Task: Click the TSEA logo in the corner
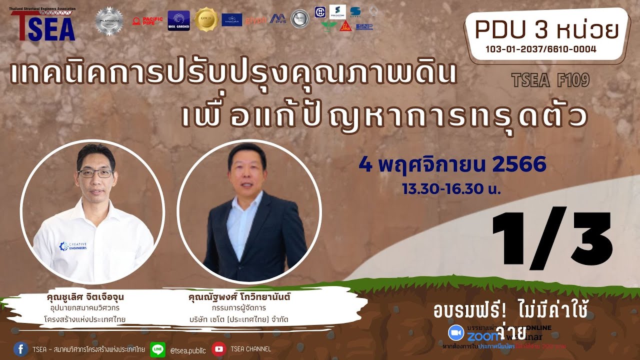pyautogui.click(x=42, y=25)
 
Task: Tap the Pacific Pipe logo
pyautogui.click(x=147, y=21)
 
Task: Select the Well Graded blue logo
pyautogui.click(x=178, y=20)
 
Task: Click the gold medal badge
pyautogui.click(x=205, y=19)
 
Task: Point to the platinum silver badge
pyautogui.click(x=109, y=21)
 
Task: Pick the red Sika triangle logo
pyautogui.click(x=345, y=26)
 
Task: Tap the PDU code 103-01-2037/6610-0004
pyautogui.click(x=540, y=48)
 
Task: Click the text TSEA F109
pyautogui.click(x=550, y=80)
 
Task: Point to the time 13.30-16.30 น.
pyautogui.click(x=452, y=189)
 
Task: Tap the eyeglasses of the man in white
pyautogui.click(x=95, y=173)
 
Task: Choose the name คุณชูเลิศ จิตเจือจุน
pyautogui.click(x=84, y=297)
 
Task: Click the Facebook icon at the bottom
pyautogui.click(x=20, y=348)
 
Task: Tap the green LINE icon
pyautogui.click(x=157, y=348)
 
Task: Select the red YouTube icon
pyautogui.click(x=218, y=348)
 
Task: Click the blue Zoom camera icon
pyautogui.click(x=455, y=332)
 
